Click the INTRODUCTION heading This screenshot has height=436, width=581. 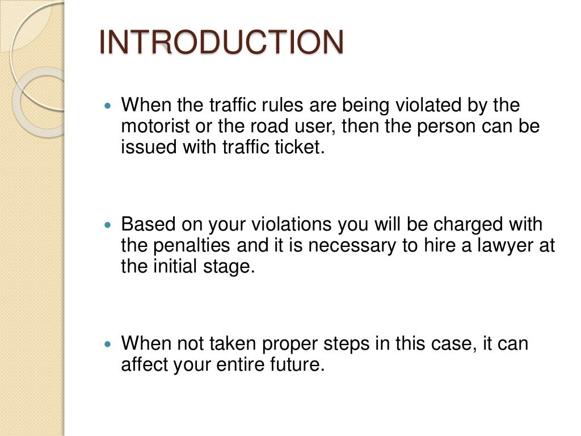click(221, 43)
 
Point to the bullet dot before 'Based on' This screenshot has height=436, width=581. click(110, 225)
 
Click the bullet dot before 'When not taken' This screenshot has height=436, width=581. click(110, 344)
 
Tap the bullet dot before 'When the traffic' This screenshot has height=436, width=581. click(110, 106)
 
